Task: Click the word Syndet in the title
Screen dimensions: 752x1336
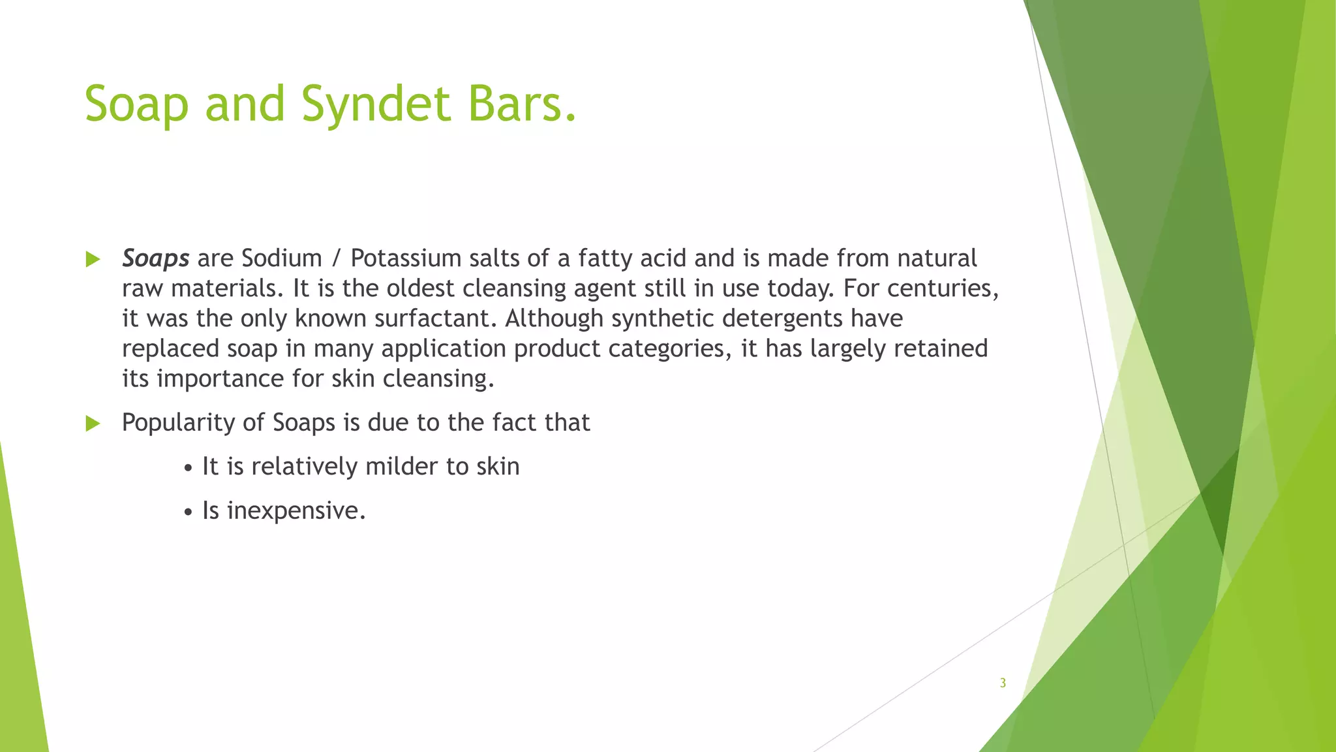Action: click(377, 104)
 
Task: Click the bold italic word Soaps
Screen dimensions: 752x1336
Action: click(155, 258)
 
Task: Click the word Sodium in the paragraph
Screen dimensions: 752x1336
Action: click(281, 258)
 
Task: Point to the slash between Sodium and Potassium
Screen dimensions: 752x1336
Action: click(336, 259)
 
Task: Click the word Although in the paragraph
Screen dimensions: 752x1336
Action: click(554, 319)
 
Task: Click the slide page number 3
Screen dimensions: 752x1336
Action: click(1003, 683)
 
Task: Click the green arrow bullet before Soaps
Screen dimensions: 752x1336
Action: click(93, 260)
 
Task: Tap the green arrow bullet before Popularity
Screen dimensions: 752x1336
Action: click(93, 424)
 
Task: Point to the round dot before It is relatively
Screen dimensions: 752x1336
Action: click(188, 469)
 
